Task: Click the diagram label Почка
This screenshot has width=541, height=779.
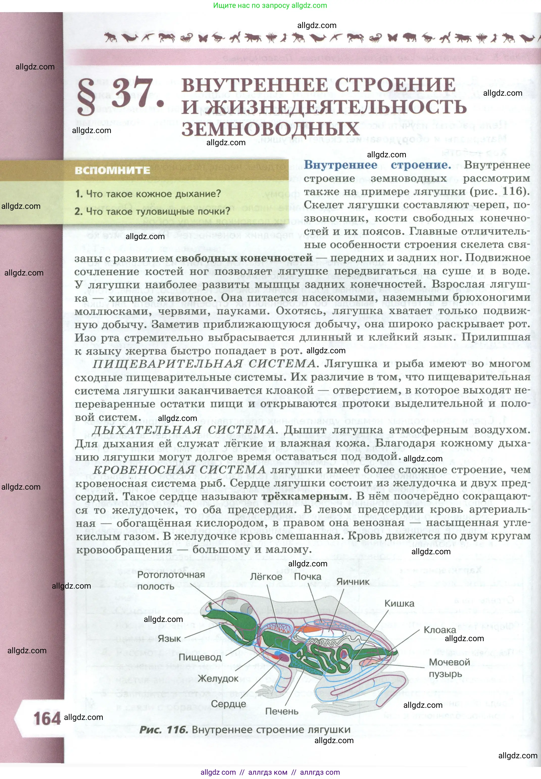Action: [x=307, y=576]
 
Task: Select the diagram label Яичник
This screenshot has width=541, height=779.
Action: [x=353, y=582]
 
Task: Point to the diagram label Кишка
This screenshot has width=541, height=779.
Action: [x=399, y=604]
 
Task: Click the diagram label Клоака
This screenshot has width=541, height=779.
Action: [x=440, y=630]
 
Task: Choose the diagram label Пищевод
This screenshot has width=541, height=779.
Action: [x=200, y=657]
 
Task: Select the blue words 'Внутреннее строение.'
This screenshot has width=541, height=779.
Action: [x=377, y=165]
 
